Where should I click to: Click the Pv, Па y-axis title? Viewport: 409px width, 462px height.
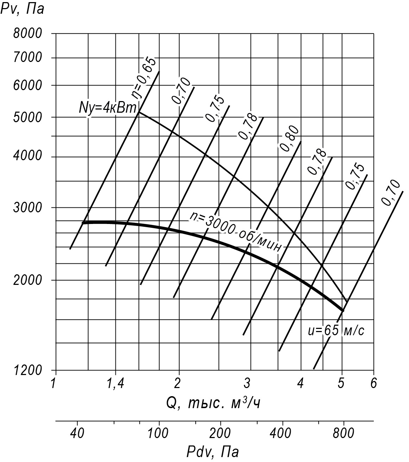tap(23, 8)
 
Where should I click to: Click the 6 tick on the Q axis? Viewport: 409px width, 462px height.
tap(373, 383)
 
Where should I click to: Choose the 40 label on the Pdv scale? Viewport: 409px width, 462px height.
tap(77, 433)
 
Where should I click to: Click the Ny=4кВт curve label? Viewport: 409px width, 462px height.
tap(108, 108)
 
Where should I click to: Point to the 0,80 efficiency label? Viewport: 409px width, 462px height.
tap(290, 138)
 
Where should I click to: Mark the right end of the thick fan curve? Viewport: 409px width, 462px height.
tap(342, 310)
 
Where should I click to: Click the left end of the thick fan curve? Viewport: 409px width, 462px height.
tap(83, 223)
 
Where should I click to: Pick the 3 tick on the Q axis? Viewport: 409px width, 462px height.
tap(247, 383)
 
